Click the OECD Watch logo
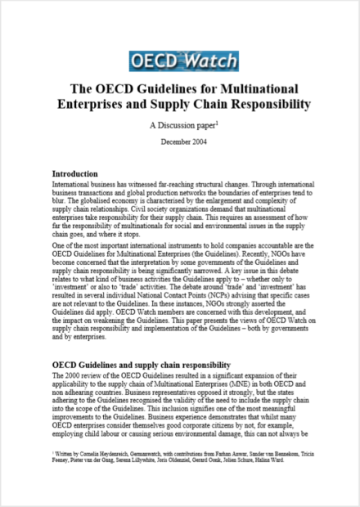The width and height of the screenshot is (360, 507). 179,59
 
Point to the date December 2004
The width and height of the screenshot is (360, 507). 179,141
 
